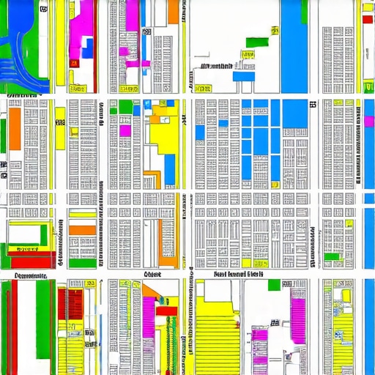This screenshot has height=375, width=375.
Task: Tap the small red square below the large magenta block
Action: coord(73,64)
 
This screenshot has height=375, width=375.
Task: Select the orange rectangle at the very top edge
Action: coord(173,10)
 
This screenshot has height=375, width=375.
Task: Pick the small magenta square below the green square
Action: coord(125,130)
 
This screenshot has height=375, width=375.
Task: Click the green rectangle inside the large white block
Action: coord(253,38)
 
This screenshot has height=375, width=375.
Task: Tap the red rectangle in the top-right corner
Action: coord(367,19)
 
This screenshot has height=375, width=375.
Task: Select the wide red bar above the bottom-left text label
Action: coord(29,261)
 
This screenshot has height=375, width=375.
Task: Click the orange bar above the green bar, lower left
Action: coord(83,230)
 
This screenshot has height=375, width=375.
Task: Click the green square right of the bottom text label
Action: coord(273,284)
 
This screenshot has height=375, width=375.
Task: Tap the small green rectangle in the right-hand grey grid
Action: coord(333,257)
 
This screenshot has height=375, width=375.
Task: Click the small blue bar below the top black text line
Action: coord(245,75)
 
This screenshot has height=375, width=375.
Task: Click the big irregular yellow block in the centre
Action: coord(157,139)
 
